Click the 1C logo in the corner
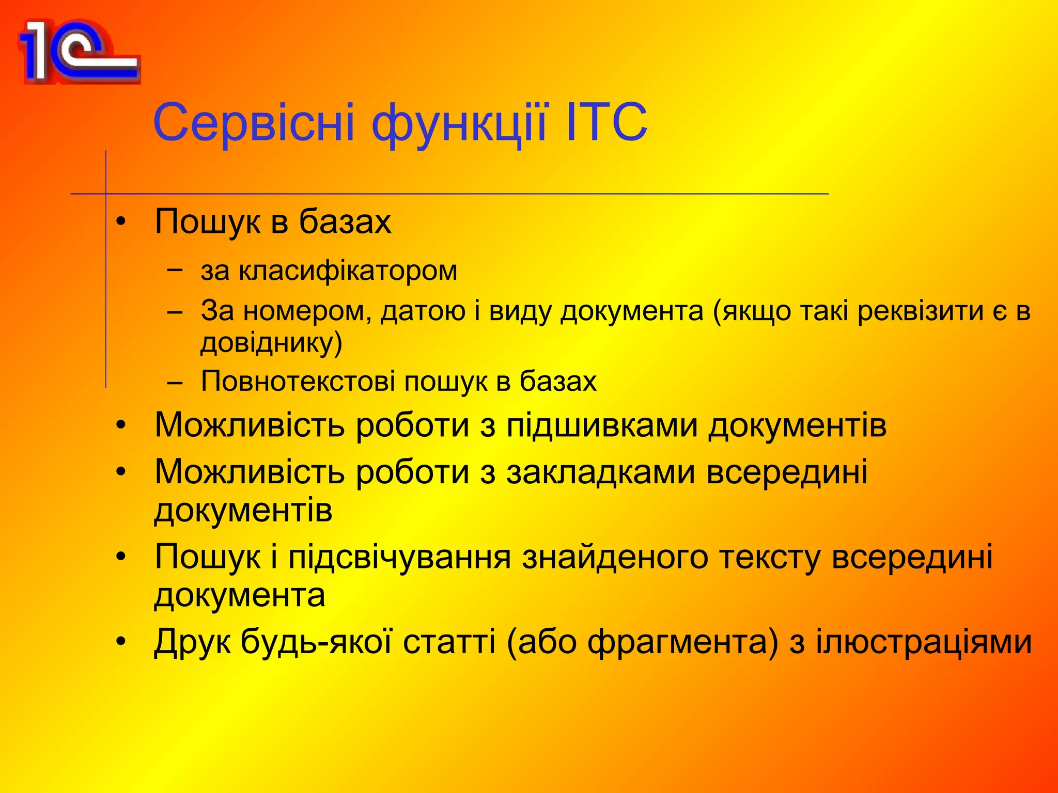[x=79, y=52]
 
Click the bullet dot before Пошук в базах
[x=121, y=222]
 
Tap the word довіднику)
[x=271, y=343]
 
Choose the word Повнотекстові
[x=298, y=382]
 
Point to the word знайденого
[x=615, y=557]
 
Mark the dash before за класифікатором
[x=175, y=269]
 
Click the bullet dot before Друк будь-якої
[x=121, y=642]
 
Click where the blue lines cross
[x=106, y=194]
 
